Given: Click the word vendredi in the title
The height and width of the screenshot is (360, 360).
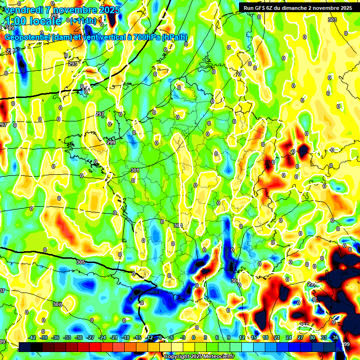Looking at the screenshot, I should [x=23, y=10].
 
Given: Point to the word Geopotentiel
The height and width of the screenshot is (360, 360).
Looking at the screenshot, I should [x=27, y=37].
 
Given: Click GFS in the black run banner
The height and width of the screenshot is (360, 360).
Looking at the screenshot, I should [x=260, y=8].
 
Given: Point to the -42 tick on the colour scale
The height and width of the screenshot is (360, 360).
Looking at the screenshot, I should [x=32, y=337].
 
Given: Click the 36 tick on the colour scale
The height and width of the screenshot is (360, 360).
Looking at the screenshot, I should [x=335, y=337].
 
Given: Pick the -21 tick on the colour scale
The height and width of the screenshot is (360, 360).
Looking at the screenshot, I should [x=114, y=337].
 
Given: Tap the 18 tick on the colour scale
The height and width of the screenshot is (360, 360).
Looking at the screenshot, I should [x=266, y=337].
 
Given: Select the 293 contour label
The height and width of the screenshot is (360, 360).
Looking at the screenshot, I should [x=73, y=64].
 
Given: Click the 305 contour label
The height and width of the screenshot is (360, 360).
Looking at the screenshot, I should [x=80, y=262].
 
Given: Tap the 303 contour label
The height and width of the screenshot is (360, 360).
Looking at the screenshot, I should [x=332, y=20].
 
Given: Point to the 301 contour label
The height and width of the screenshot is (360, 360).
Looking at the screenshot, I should [x=135, y=170].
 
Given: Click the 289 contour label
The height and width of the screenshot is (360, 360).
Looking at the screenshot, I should [x=55, y=16].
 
